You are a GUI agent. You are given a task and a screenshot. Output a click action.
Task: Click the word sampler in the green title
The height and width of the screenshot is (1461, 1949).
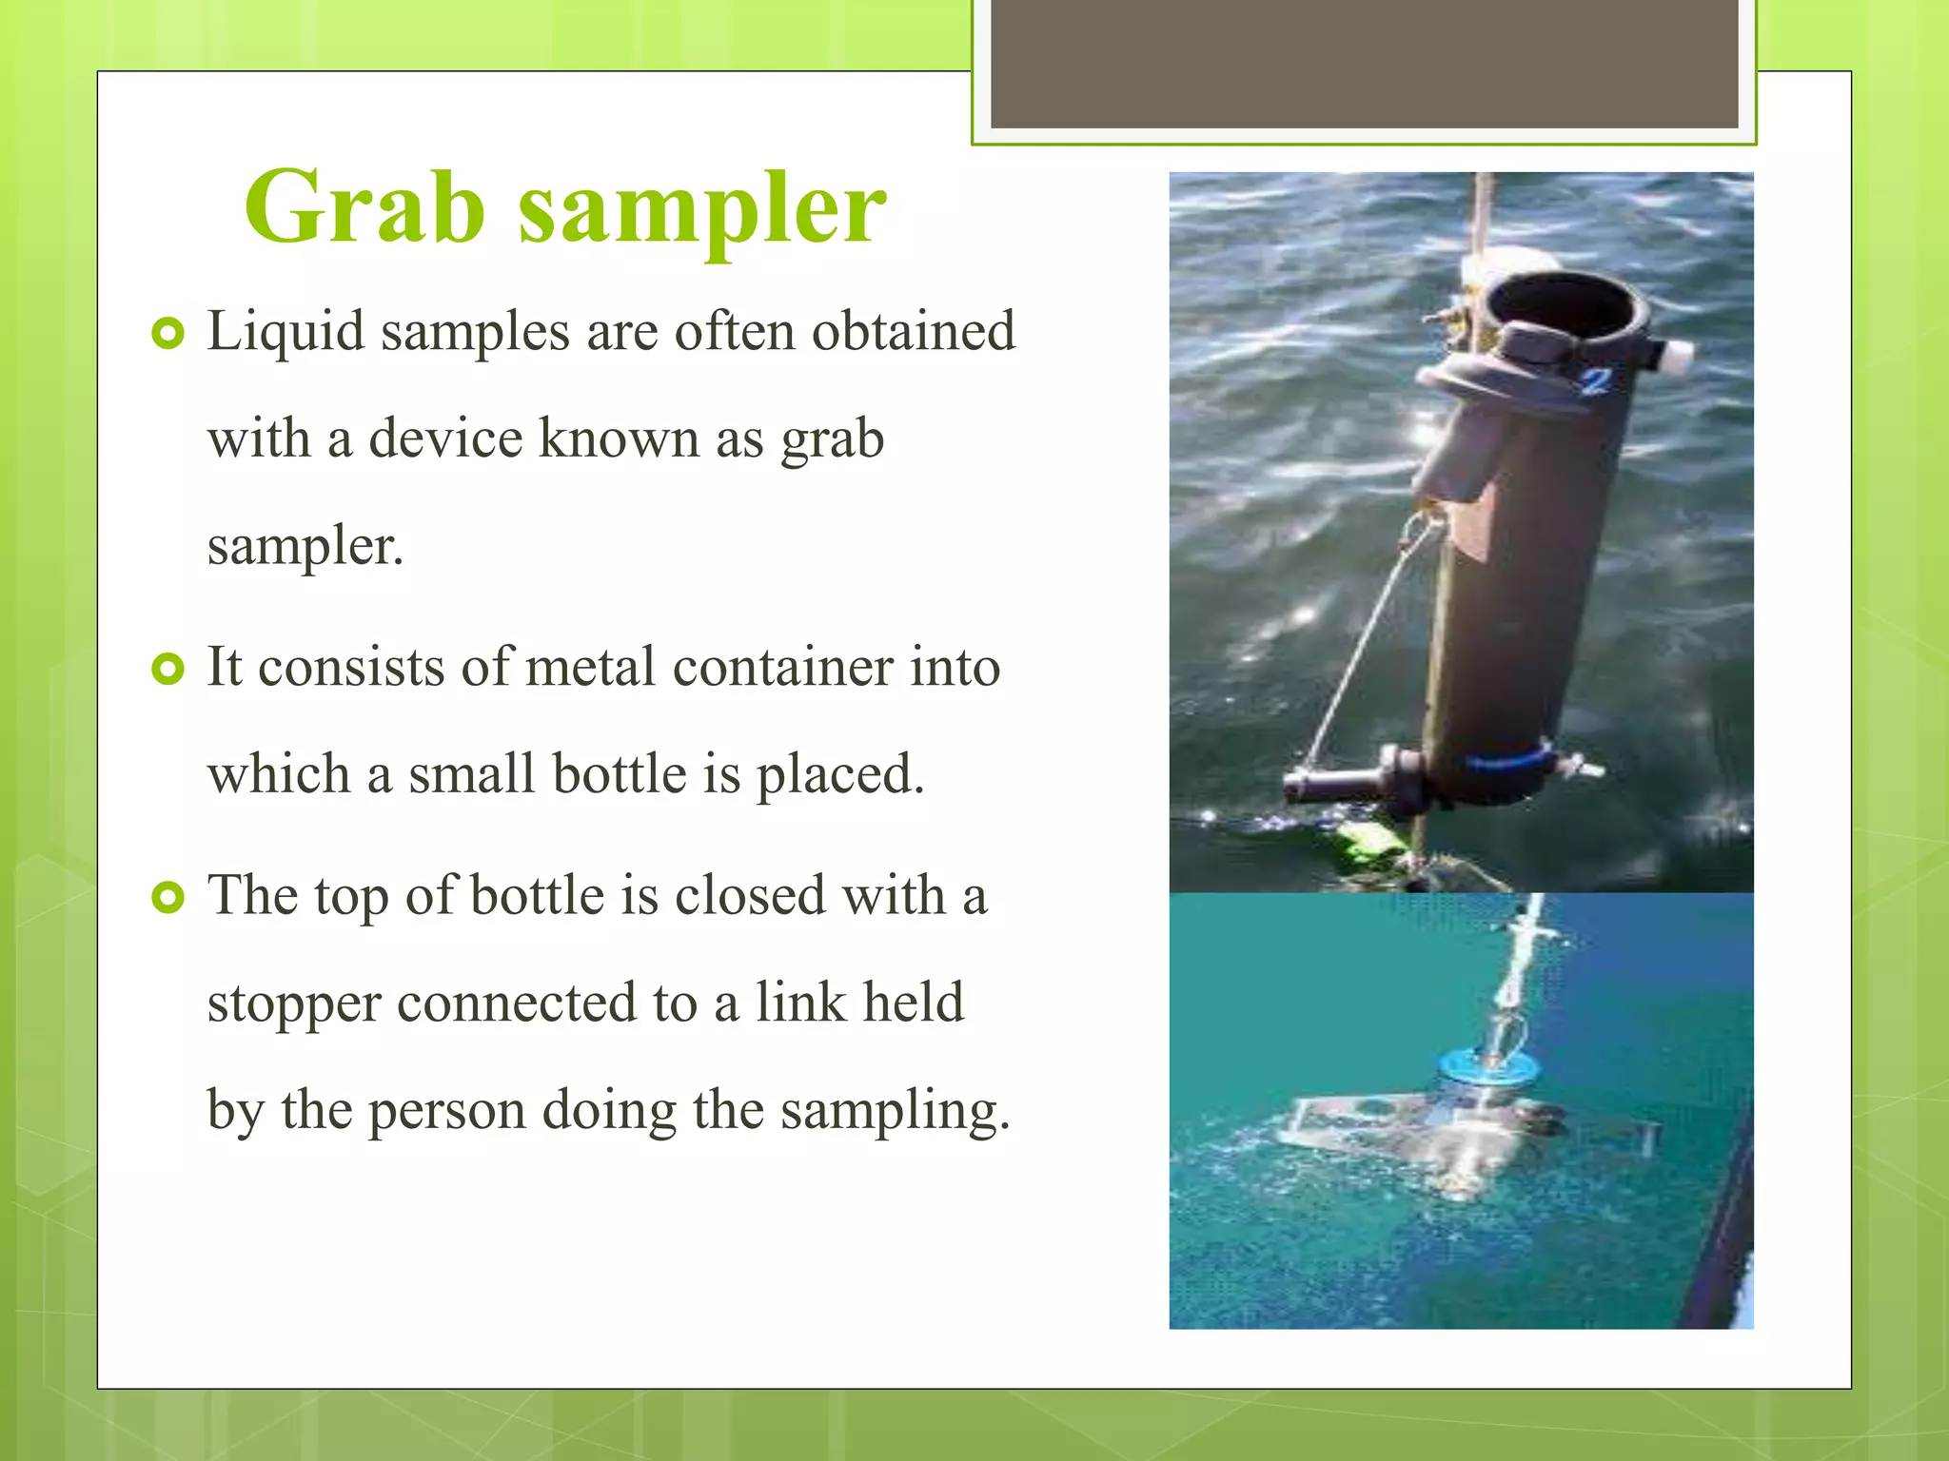click(x=702, y=208)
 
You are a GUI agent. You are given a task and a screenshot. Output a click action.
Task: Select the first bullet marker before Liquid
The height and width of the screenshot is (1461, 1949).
click(x=167, y=334)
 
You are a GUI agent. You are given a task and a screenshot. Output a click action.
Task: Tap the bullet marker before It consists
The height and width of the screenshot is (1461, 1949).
click(x=167, y=670)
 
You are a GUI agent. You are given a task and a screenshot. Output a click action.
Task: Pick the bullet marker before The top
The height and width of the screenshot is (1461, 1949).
click(x=167, y=898)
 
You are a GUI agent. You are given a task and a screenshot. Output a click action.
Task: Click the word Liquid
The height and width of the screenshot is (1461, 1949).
click(x=285, y=332)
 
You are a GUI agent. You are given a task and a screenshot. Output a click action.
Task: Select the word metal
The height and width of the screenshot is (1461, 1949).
click(x=590, y=667)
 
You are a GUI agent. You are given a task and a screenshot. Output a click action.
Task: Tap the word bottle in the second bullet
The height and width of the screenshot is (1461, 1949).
click(x=620, y=773)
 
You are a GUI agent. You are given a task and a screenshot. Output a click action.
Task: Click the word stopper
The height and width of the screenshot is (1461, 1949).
click(x=294, y=1004)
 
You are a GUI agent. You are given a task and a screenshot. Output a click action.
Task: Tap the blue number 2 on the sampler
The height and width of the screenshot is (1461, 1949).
click(x=1597, y=381)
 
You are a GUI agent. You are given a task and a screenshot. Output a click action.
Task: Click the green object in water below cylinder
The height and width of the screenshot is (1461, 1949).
click(x=1371, y=842)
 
